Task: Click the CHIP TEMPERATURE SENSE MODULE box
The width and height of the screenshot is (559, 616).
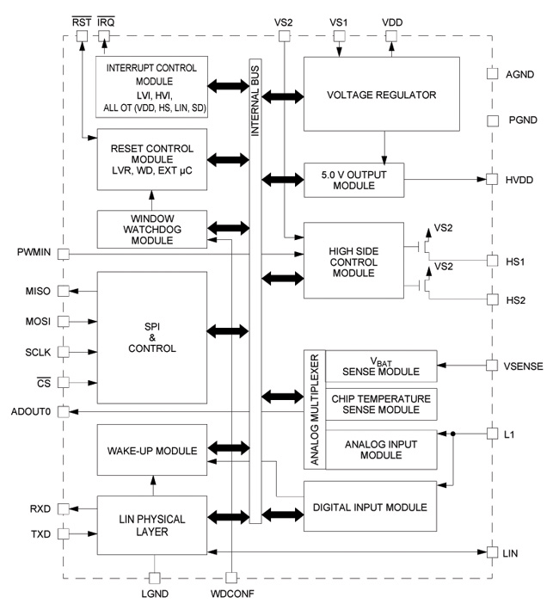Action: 378,403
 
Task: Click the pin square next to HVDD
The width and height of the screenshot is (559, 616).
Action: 492,180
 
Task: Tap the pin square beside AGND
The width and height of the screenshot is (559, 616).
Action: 492,74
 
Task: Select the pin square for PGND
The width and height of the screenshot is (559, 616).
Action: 492,121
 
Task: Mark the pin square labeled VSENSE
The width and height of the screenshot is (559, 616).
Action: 492,366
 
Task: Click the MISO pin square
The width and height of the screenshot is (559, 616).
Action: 63,291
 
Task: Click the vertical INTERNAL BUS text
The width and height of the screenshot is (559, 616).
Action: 255,95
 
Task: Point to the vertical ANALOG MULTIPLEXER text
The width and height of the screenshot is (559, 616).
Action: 314,410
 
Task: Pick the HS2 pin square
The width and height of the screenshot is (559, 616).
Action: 492,299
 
